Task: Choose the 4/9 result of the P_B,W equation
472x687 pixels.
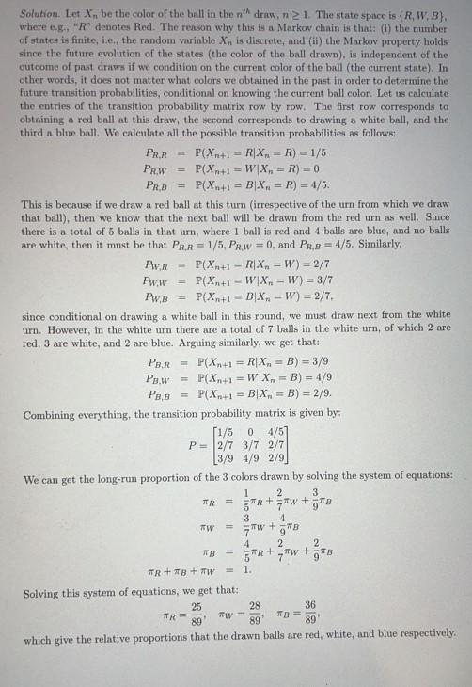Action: click(303, 380)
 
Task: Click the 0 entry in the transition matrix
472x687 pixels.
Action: click(251, 432)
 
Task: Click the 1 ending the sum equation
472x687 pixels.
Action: click(247, 569)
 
